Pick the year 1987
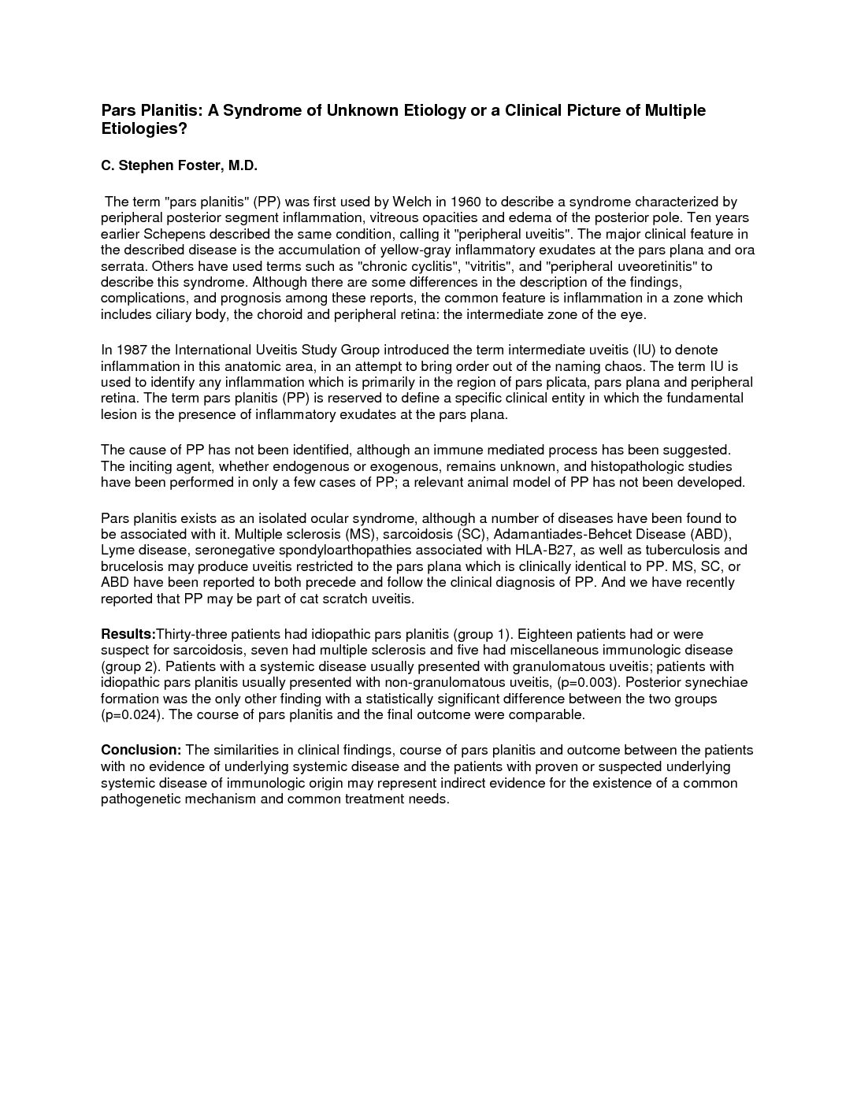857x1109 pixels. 130,350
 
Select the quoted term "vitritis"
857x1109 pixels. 495,266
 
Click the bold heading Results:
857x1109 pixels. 128,634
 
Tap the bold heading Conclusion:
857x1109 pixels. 141,750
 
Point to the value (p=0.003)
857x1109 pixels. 586,682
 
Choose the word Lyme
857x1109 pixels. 117,550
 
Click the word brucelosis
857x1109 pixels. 130,566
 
